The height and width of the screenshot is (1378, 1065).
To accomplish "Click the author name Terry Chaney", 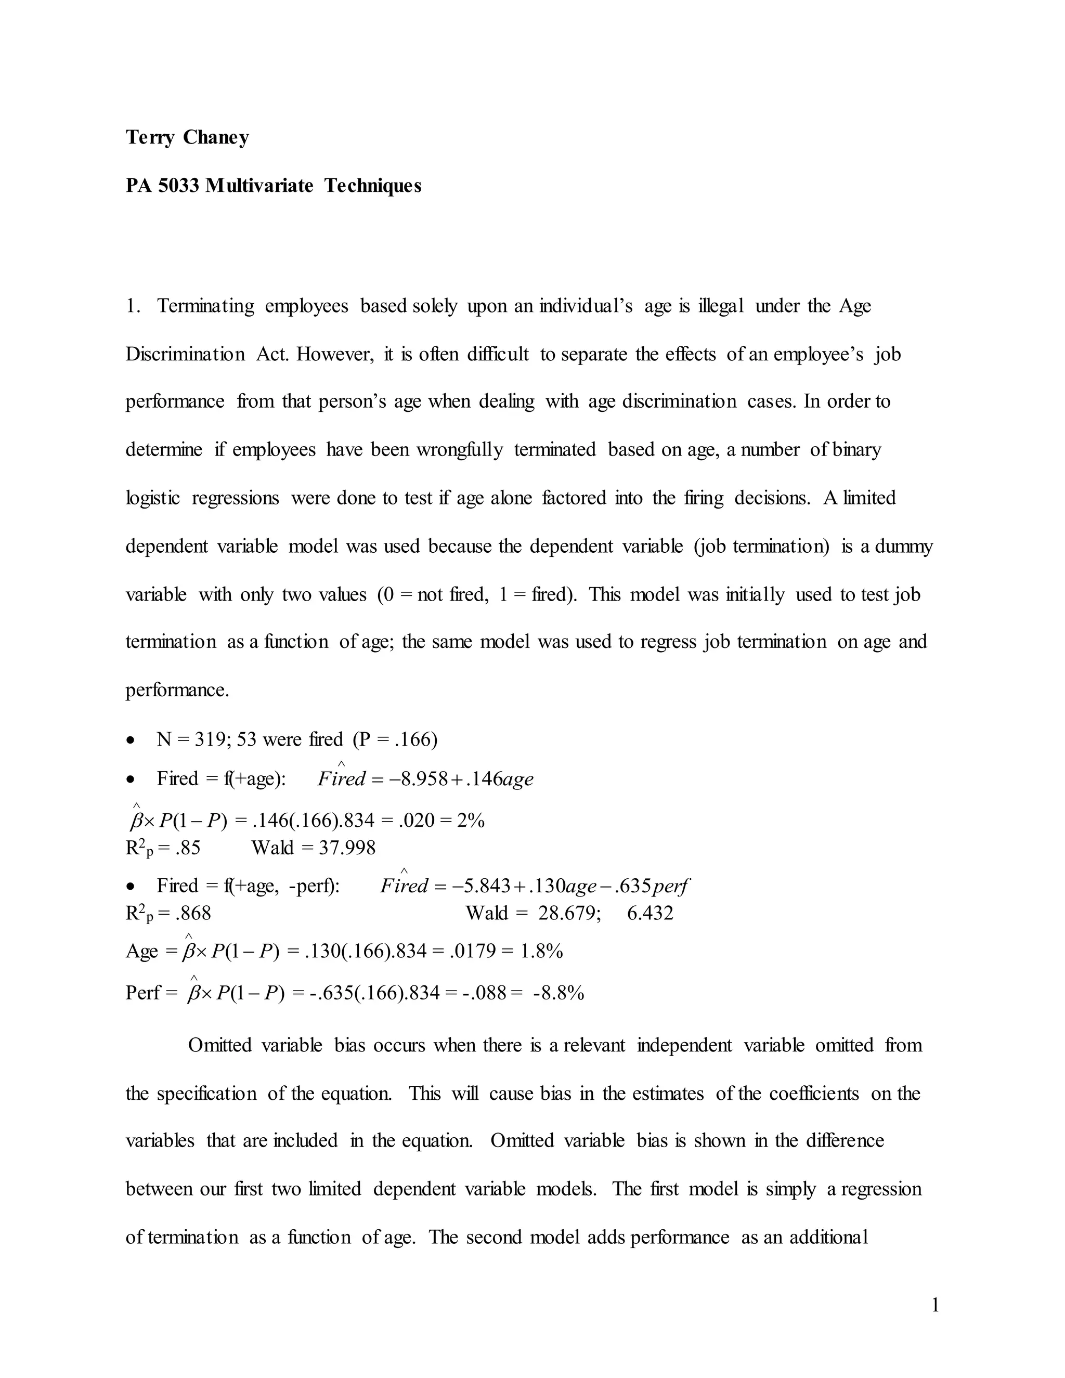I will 187,138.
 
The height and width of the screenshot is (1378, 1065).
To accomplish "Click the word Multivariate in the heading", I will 259,186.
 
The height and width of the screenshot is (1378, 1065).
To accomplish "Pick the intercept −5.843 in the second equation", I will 482,887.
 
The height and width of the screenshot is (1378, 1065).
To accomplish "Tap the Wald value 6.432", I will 650,913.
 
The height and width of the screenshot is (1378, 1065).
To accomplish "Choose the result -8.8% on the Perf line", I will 559,993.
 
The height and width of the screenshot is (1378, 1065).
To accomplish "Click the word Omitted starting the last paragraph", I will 220,1046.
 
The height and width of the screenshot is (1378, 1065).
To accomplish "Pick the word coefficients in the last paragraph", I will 814,1094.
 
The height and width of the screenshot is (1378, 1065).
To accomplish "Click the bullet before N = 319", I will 131,740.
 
